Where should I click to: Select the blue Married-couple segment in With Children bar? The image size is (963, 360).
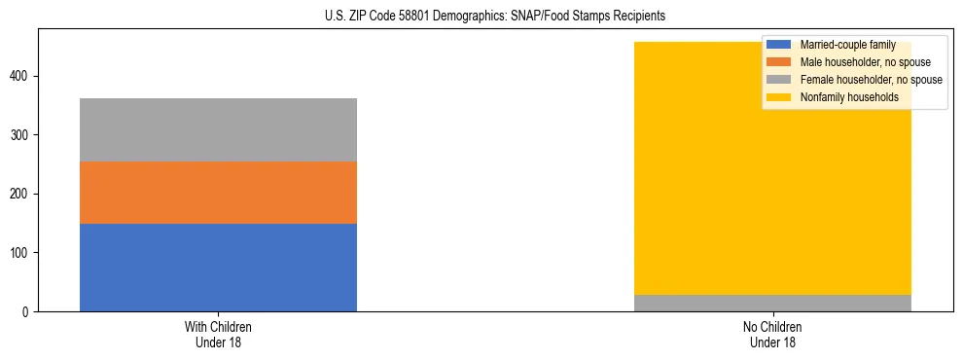tap(218, 268)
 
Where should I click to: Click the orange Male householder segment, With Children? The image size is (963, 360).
tap(218, 193)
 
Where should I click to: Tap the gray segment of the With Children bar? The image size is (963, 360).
tap(218, 129)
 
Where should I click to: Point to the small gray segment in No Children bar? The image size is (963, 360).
tap(772, 303)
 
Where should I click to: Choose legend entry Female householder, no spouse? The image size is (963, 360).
tap(871, 80)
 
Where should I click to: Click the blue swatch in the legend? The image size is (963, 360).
tap(779, 45)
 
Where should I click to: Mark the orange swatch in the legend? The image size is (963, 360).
tap(779, 62)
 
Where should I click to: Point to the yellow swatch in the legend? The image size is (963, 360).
tap(779, 97)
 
